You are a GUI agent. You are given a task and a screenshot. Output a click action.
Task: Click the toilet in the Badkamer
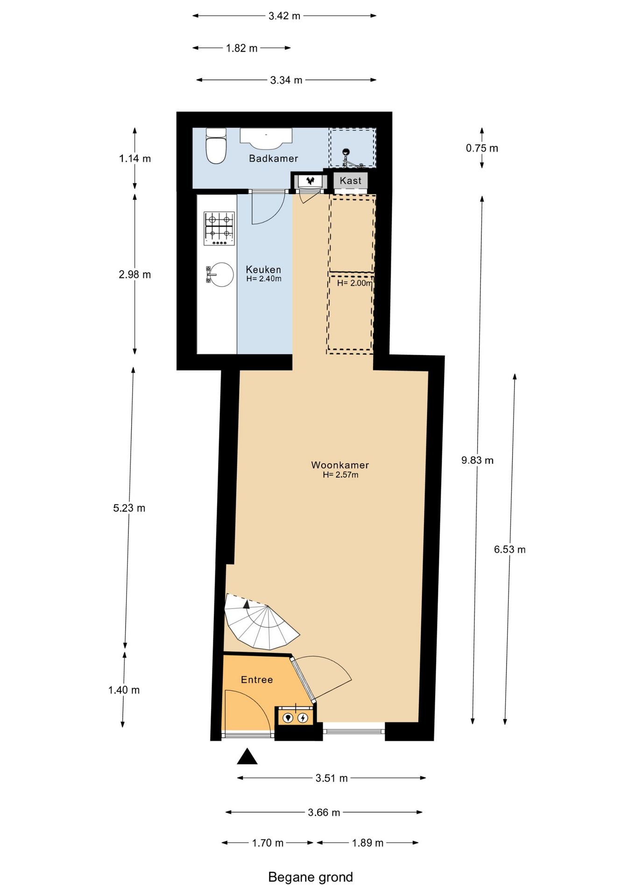[216, 146]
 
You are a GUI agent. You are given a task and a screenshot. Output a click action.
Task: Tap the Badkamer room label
[273, 159]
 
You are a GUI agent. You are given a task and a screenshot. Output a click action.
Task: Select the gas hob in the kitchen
[219, 228]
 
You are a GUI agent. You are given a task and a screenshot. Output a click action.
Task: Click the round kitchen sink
[220, 274]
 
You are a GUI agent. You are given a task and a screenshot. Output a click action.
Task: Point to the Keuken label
[263, 270]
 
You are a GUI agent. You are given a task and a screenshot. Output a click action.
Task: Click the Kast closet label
[350, 181]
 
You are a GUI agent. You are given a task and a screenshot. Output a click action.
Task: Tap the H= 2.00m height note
[354, 283]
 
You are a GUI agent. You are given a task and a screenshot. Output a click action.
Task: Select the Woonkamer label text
[340, 465]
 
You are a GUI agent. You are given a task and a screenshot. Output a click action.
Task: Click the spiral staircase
[260, 623]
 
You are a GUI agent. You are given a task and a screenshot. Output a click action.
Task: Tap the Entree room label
[257, 680]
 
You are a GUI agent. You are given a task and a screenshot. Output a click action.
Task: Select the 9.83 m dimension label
[477, 460]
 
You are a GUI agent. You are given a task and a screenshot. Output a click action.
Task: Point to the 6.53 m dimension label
[509, 550]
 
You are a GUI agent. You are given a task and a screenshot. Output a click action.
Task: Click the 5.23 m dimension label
[129, 508]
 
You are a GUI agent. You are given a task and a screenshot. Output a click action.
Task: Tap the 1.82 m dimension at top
[241, 48]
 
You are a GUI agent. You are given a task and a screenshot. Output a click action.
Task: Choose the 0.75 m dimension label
[482, 148]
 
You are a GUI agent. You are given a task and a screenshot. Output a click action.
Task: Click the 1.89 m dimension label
[367, 843]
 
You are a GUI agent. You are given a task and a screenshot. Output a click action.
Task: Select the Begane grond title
[310, 877]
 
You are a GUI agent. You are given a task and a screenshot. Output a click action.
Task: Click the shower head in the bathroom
[346, 152]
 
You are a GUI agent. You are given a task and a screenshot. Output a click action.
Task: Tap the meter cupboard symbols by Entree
[296, 718]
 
